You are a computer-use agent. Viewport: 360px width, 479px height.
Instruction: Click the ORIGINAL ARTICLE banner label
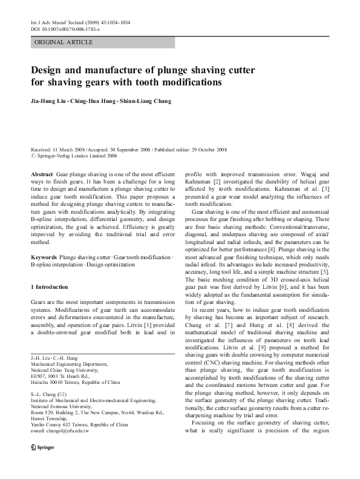click(64, 42)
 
